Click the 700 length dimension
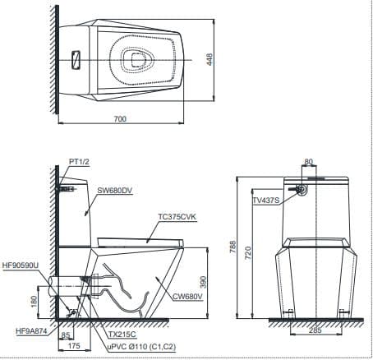coord(120,118)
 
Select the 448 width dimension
coord(210,59)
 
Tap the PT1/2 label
coord(79,162)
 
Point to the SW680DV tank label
coord(115,191)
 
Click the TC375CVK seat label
coord(177,217)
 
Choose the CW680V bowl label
coord(187,297)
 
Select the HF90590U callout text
coord(21,265)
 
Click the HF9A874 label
coord(31,331)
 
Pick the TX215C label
coord(122,335)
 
